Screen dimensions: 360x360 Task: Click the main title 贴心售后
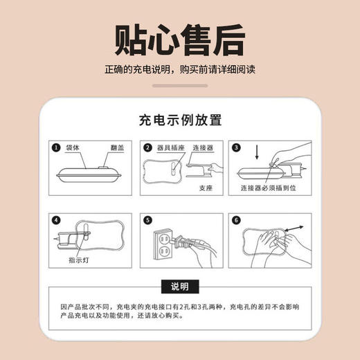pyautogui.click(x=179, y=39)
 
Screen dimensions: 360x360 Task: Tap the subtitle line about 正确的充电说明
pyautogui.click(x=179, y=71)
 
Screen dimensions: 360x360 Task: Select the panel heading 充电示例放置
pyautogui.click(x=179, y=120)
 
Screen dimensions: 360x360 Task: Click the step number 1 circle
pyautogui.click(x=57, y=147)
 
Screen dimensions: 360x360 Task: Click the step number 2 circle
pyautogui.click(x=147, y=147)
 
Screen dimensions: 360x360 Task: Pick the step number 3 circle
pyautogui.click(x=236, y=147)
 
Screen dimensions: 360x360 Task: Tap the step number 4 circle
pyautogui.click(x=57, y=221)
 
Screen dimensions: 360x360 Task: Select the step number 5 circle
pyautogui.click(x=147, y=221)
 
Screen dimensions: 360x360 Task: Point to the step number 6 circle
pyautogui.click(x=236, y=221)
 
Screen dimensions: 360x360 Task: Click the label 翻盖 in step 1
pyautogui.click(x=117, y=148)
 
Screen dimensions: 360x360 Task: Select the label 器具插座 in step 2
pyautogui.click(x=170, y=147)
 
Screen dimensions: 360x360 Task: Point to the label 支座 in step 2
pyautogui.click(x=205, y=188)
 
